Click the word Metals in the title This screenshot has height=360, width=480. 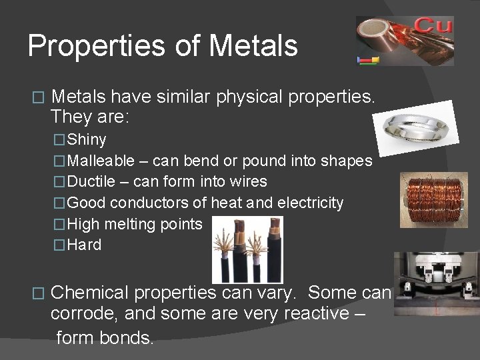pyautogui.click(x=253, y=46)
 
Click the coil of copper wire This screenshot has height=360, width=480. pyautogui.click(x=434, y=200)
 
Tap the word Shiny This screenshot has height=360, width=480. pyautogui.click(x=87, y=140)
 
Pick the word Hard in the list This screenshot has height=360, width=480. pyautogui.click(x=85, y=245)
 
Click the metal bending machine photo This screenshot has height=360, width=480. pyautogui.click(x=435, y=283)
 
